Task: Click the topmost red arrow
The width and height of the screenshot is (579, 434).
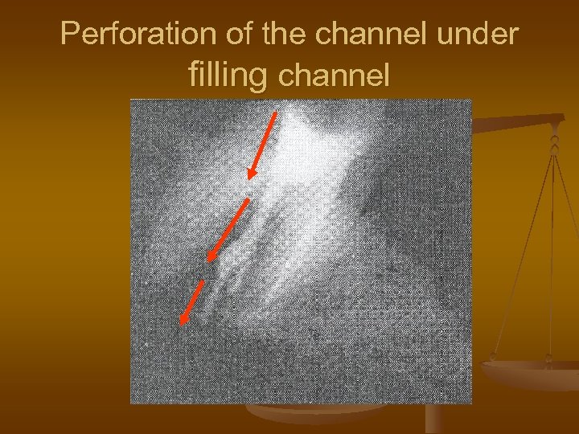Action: coord(264,145)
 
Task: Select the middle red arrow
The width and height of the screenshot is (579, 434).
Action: coord(228,229)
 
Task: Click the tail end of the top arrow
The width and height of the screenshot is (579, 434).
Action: coord(277,113)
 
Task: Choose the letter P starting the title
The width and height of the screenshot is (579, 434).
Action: coord(71,34)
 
